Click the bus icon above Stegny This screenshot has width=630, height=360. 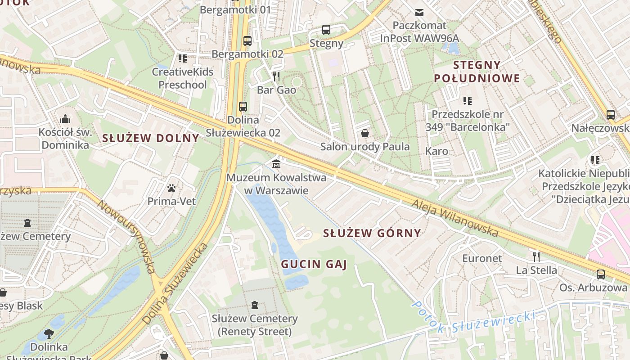tap(326, 30)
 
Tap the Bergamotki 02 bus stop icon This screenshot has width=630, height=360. tap(247, 40)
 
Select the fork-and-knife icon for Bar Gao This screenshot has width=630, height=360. tap(276, 76)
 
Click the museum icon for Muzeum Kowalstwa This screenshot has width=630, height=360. tap(276, 163)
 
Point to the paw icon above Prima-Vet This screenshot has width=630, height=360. tap(171, 188)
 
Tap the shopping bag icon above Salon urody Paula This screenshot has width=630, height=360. tap(365, 133)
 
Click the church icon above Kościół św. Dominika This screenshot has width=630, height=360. tap(65, 119)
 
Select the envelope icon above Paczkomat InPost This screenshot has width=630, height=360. tap(419, 12)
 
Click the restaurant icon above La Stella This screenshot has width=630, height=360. tap(536, 256)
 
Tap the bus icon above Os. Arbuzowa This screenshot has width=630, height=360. tap(600, 274)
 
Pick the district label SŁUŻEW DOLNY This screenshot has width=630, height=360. tap(150, 138)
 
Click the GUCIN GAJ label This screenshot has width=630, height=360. tap(314, 264)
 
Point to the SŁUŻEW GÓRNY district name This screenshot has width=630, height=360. tap(372, 233)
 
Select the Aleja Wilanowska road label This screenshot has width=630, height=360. tap(455, 218)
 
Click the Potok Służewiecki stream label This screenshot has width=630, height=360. tap(472, 321)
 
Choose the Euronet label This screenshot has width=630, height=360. tap(482, 258)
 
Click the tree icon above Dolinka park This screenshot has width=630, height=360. tap(49, 334)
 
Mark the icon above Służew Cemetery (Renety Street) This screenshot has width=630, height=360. tap(255, 305)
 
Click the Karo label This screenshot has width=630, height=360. tap(436, 151)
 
